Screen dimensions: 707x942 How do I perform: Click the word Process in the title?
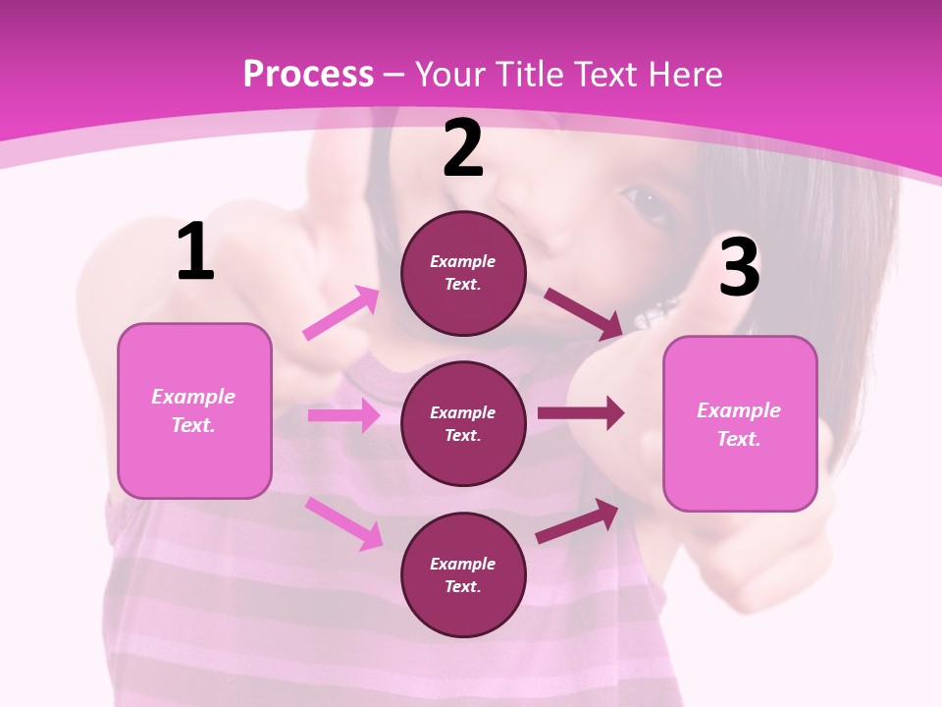pyautogui.click(x=308, y=74)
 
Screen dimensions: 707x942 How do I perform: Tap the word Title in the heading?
pyautogui.click(x=528, y=74)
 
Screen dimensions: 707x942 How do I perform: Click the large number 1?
pyautogui.click(x=195, y=251)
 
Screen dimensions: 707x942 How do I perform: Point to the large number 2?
pyautogui.click(x=463, y=148)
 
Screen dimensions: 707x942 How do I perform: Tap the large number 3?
pyautogui.click(x=740, y=267)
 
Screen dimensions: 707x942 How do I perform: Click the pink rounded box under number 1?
pyautogui.click(x=194, y=410)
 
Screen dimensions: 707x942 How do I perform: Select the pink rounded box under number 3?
pyautogui.click(x=740, y=424)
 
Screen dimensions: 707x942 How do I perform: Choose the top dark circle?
pyautogui.click(x=463, y=273)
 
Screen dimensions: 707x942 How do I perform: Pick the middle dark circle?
pyautogui.click(x=463, y=423)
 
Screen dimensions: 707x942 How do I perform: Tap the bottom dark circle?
pyautogui.click(x=463, y=574)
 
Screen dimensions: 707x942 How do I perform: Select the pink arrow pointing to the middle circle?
pyautogui.click(x=343, y=415)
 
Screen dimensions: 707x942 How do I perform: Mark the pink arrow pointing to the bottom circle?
pyautogui.click(x=343, y=523)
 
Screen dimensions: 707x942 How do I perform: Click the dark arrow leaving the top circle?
pyautogui.click(x=584, y=313)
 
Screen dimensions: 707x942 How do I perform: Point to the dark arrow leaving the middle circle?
pyautogui.click(x=581, y=413)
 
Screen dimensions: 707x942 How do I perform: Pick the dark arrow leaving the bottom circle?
pyautogui.click(x=577, y=521)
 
